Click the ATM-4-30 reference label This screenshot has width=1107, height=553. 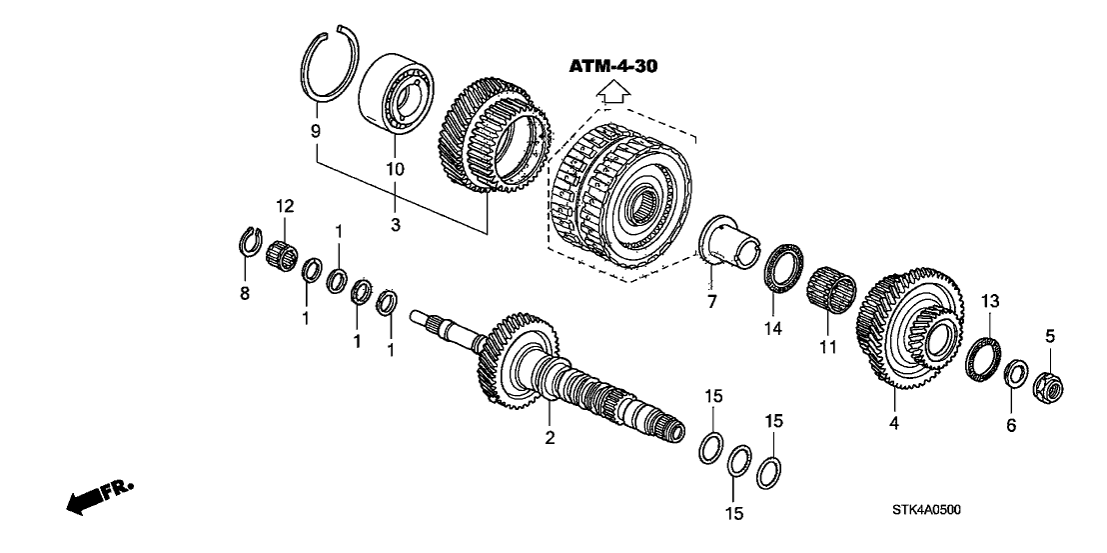613,66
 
